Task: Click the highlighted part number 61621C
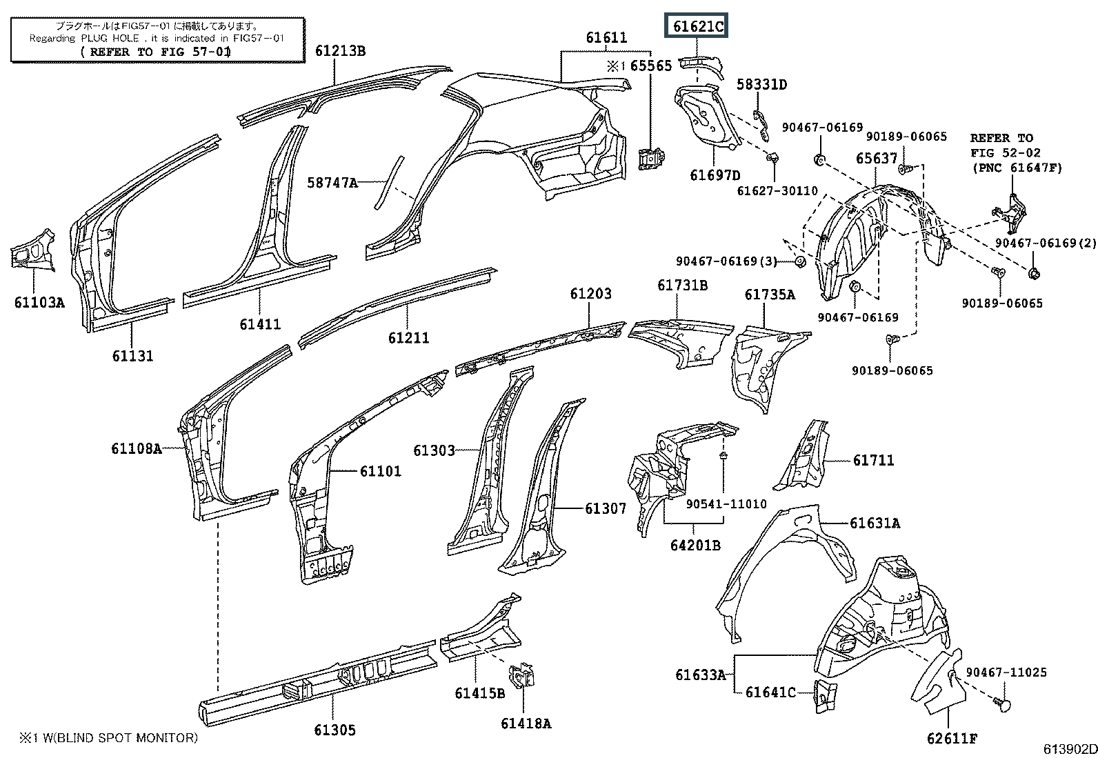point(697,27)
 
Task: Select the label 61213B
point(341,50)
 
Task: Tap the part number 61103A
point(39,301)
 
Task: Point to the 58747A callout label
point(332,183)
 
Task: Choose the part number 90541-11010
point(726,504)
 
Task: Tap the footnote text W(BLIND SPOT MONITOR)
point(114,738)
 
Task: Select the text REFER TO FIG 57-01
point(156,52)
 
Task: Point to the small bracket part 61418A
point(522,677)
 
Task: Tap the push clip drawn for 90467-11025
point(1003,704)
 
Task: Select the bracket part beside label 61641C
point(823,694)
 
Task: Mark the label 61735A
point(770,295)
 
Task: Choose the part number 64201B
point(695,545)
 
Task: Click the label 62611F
point(952,739)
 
